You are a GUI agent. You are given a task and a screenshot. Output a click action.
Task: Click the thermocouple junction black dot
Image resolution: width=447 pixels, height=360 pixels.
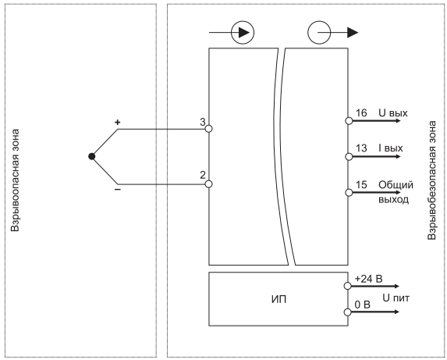tap(91, 156)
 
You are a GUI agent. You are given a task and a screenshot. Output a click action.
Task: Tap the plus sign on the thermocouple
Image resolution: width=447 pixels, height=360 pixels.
tap(118, 123)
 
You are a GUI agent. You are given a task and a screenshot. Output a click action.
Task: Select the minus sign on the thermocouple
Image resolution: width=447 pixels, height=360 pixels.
tap(118, 190)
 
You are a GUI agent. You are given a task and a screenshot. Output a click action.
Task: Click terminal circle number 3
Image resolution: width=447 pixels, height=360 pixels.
tap(208, 129)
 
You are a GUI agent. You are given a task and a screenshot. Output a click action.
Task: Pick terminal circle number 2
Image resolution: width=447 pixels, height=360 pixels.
tap(208, 184)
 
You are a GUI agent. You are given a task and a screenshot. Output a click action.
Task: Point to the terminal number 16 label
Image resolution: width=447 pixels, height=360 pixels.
tap(361, 113)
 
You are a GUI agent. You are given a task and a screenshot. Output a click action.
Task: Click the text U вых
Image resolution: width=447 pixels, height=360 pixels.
tap(393, 113)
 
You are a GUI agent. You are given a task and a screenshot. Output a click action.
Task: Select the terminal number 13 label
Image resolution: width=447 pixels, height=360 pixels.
tap(361, 148)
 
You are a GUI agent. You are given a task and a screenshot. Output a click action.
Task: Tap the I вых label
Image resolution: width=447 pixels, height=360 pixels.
tap(391, 148)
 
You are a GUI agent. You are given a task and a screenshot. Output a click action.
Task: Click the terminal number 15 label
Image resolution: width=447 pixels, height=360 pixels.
tap(361, 184)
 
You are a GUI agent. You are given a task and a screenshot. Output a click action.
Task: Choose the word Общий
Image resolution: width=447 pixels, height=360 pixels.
tap(396, 185)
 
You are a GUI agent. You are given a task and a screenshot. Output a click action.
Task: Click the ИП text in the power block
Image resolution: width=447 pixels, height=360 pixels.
tap(278, 300)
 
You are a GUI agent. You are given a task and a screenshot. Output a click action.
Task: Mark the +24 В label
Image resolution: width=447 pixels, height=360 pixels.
tap(368, 279)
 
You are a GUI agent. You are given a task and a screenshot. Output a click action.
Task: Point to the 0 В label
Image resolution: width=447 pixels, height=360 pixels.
tap(362, 305)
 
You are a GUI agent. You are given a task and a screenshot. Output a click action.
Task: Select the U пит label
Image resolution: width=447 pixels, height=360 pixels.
tap(396, 298)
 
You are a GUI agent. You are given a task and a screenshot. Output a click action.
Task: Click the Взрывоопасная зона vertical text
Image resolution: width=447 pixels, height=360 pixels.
tap(15, 180)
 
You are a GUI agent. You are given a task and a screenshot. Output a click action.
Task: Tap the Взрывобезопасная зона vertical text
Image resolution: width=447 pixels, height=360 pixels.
tap(431, 180)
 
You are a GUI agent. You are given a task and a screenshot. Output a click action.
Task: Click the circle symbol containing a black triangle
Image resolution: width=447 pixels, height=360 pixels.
tap(243, 33)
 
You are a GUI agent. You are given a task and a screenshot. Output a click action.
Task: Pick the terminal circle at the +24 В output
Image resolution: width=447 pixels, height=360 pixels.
tap(347, 286)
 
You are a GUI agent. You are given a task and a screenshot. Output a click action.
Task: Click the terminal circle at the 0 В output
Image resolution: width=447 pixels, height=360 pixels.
tap(347, 312)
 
